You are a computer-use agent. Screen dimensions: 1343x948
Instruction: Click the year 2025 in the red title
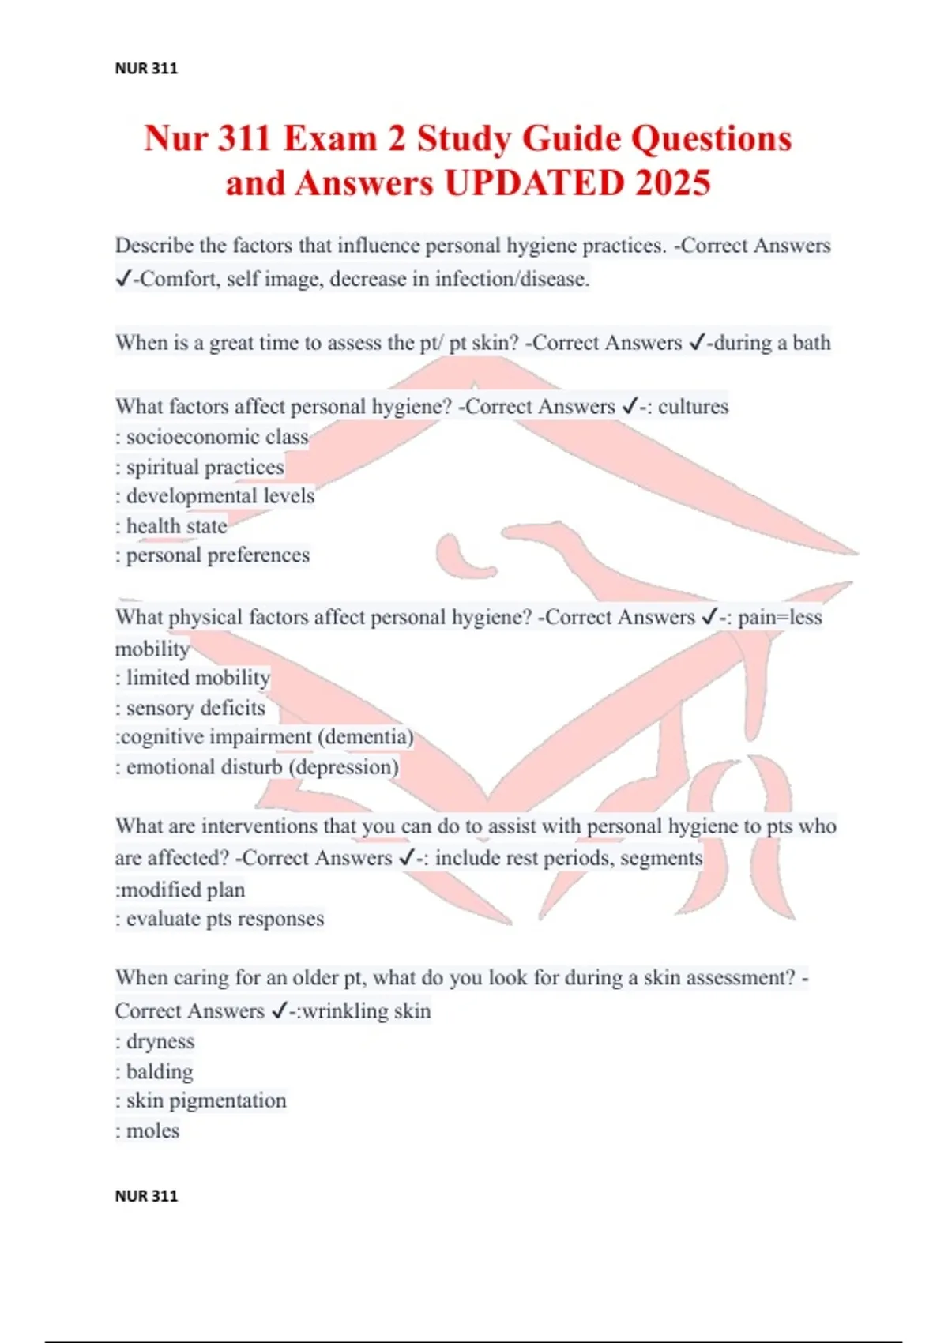[x=672, y=183]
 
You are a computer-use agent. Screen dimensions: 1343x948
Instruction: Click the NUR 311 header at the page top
[x=146, y=69]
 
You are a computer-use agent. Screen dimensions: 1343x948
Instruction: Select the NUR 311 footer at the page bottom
[x=146, y=1196]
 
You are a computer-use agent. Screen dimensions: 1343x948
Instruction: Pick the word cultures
[x=693, y=407]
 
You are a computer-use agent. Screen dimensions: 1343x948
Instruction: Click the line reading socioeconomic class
[x=212, y=437]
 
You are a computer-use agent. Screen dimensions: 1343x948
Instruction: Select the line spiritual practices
[x=200, y=467]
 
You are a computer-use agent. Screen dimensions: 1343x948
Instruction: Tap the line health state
[x=171, y=526]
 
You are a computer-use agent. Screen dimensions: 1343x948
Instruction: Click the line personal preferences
[x=213, y=555]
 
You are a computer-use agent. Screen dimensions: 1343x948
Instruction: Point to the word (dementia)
[x=366, y=737]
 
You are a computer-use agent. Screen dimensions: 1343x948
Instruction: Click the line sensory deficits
[x=190, y=708]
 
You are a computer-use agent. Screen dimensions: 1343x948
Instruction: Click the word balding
[x=160, y=1072]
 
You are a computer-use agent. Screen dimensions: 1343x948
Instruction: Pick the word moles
[x=152, y=1131]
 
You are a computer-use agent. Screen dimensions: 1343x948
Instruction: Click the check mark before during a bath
[x=697, y=343]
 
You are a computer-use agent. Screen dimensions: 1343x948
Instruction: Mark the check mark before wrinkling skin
[x=279, y=1011]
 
